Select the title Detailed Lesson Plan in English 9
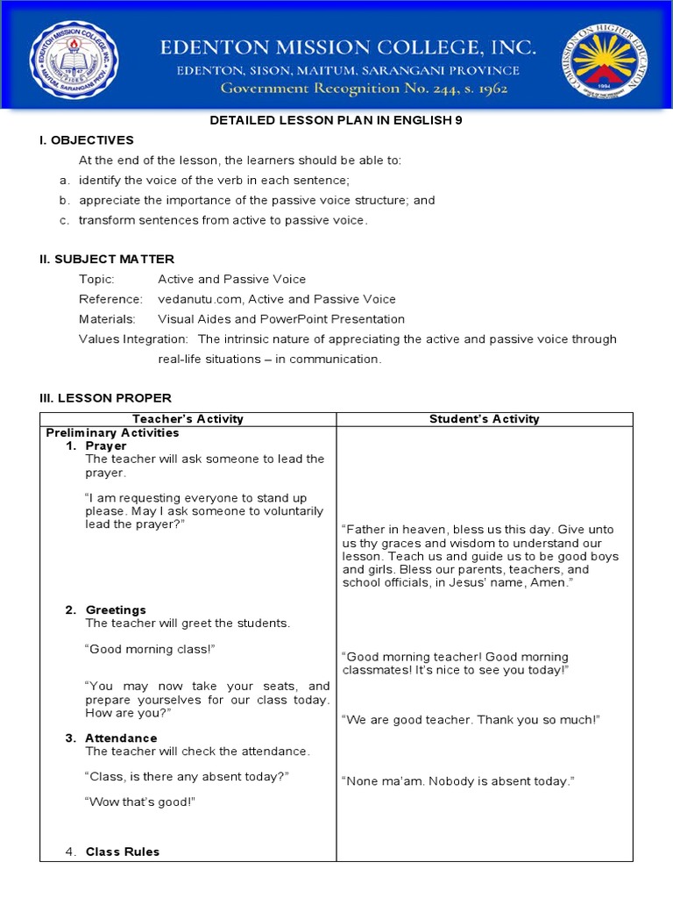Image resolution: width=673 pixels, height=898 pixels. tap(336, 121)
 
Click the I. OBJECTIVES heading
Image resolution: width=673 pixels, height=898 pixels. tap(87, 140)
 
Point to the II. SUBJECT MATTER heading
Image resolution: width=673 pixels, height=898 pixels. tap(107, 259)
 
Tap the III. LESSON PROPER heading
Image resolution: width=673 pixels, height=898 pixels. tap(105, 398)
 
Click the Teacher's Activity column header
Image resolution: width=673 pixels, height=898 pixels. tap(188, 419)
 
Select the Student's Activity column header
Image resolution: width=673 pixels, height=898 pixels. tap(485, 419)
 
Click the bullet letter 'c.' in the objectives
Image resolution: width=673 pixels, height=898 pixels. tap(65, 220)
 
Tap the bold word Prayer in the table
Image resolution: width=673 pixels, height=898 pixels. tap(106, 446)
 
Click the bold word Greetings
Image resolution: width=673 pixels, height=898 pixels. tap(116, 610)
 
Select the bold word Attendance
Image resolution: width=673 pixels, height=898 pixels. tap(121, 738)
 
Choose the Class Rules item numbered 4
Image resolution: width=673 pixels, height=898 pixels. tap(122, 852)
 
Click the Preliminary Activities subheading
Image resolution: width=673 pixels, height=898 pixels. tap(112, 433)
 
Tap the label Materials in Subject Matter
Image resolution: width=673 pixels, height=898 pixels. tap(107, 319)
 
